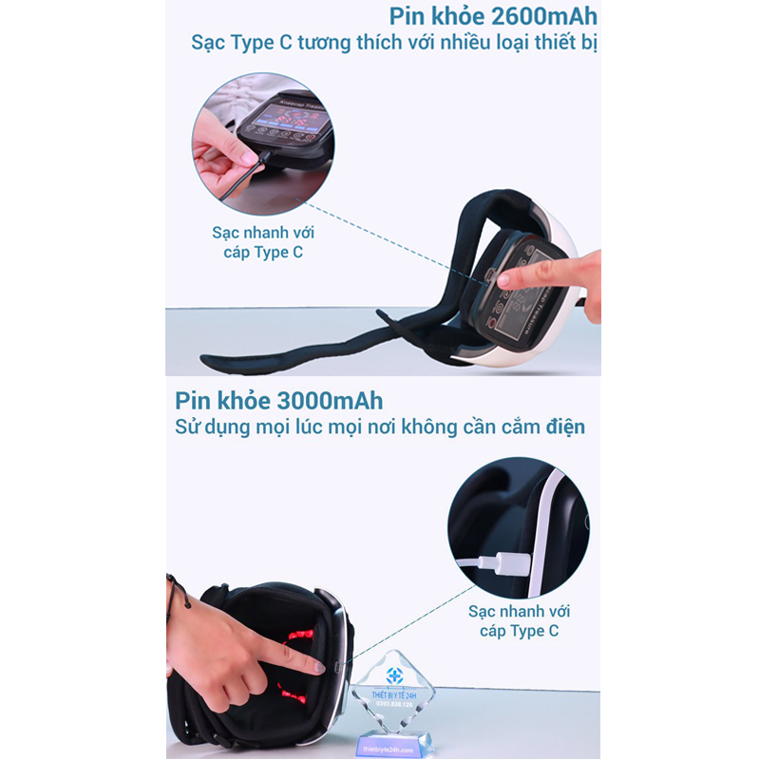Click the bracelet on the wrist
pos(171,598)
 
